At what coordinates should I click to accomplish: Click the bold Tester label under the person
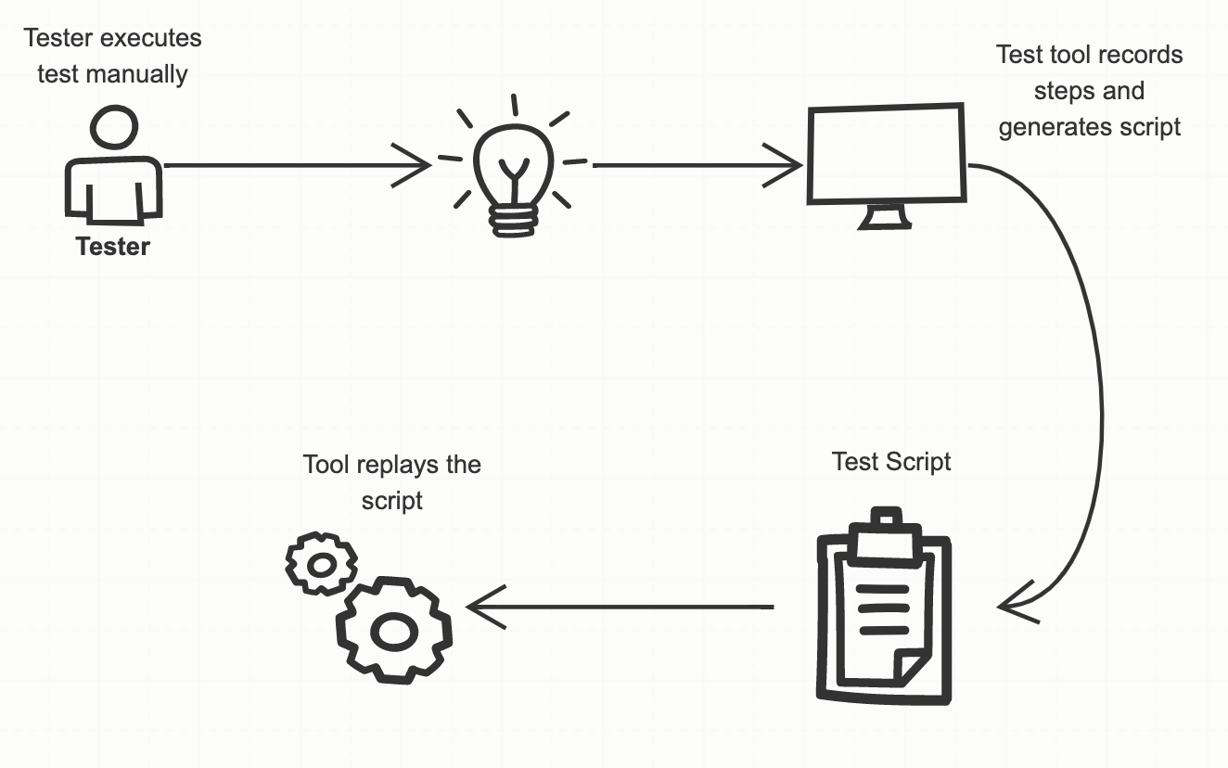click(x=112, y=247)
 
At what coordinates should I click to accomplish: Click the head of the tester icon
click(x=115, y=127)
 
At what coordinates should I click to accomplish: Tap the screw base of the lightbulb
click(x=514, y=220)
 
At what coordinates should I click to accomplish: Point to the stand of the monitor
click(x=886, y=218)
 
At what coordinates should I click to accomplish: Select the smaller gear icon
click(x=321, y=563)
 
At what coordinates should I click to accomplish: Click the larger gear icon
click(x=394, y=630)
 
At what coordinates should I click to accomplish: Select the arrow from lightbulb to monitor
click(x=696, y=166)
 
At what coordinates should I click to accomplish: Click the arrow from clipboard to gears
click(x=621, y=608)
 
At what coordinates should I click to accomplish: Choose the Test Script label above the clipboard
click(x=891, y=461)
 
